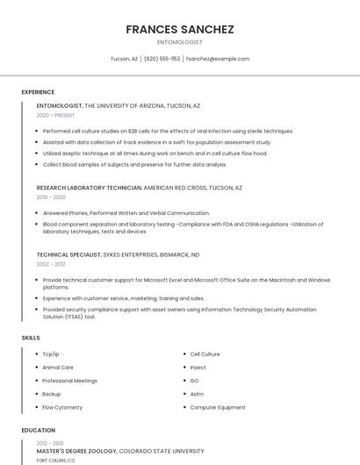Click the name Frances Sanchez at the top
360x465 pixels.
[180, 29]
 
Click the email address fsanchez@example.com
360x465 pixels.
[218, 59]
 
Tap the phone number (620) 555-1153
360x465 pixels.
[162, 59]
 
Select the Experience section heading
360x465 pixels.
[38, 92]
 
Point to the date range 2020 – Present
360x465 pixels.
[55, 115]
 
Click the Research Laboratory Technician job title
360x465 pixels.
[89, 188]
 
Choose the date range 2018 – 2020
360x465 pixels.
[51, 197]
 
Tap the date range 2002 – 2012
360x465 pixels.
[51, 264]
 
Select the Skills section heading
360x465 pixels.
[31, 338]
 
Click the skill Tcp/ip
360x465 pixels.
[51, 354]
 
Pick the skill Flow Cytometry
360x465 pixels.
[62, 407]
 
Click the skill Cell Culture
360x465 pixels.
[205, 354]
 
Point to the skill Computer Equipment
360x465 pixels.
[218, 407]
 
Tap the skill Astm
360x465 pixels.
[197, 394]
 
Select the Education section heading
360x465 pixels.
[38, 431]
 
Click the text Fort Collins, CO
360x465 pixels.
[55, 460]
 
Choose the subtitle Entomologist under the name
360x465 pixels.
[180, 42]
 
